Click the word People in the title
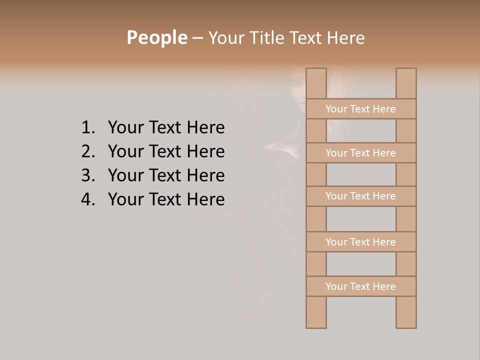[x=156, y=38]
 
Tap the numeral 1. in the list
[x=87, y=128]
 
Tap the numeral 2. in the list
[x=87, y=151]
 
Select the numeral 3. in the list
[x=87, y=175]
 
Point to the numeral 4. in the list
[x=87, y=199]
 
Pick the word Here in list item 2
[x=205, y=151]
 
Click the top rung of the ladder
[x=361, y=109]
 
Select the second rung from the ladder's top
[x=361, y=153]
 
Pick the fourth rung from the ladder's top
[x=361, y=242]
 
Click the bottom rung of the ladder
[x=361, y=286]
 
